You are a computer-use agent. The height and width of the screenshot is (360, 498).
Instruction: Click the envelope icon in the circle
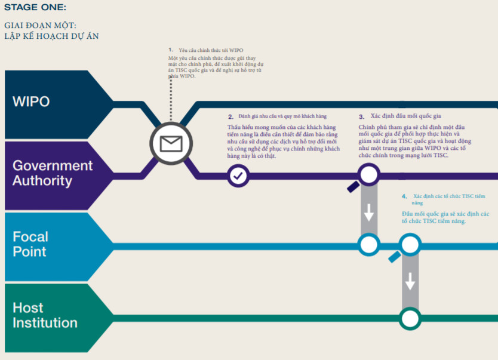[171, 143]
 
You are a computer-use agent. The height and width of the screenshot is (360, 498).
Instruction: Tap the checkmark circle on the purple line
[238, 176]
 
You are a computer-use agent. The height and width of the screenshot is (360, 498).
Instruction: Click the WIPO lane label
[31, 101]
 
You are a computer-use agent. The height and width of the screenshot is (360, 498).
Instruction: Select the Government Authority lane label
[53, 173]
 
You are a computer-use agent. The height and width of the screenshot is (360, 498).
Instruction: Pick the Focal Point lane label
[30, 244]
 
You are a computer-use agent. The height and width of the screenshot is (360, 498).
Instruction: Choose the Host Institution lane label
[45, 315]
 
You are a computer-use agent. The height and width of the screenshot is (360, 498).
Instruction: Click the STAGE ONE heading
[35, 7]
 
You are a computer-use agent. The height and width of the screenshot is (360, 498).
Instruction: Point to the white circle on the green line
[410, 318]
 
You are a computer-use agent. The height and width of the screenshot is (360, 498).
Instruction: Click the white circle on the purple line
[369, 174]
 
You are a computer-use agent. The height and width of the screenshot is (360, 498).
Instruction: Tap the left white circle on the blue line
[369, 245]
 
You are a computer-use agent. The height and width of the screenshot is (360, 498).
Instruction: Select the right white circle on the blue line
[410, 245]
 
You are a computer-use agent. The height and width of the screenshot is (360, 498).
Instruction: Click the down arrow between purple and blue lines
[369, 213]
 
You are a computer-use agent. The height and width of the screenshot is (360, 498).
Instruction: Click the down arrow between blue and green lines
[410, 281]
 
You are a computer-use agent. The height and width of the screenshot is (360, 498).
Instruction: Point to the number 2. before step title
[231, 117]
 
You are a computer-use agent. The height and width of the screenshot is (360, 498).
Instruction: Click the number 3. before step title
[361, 117]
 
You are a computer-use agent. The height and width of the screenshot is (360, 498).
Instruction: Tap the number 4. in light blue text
[404, 196]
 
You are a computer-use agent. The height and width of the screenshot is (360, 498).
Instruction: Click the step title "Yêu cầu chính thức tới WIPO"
[211, 50]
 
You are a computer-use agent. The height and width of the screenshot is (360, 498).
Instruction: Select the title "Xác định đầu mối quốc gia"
[405, 116]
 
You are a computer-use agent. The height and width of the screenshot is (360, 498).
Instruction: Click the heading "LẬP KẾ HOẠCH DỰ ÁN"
[51, 36]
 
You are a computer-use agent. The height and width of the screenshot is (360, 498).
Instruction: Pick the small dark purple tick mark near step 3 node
[353, 187]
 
